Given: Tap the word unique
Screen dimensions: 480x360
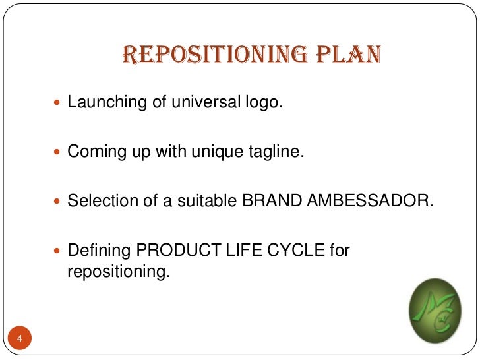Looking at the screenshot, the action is [201, 151].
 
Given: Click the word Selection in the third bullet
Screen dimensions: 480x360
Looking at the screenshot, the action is [98, 200].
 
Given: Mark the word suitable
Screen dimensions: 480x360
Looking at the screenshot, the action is [204, 200].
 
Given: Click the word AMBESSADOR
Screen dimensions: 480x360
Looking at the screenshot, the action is [370, 200].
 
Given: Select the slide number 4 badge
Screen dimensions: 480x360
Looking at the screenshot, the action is [20, 339].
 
